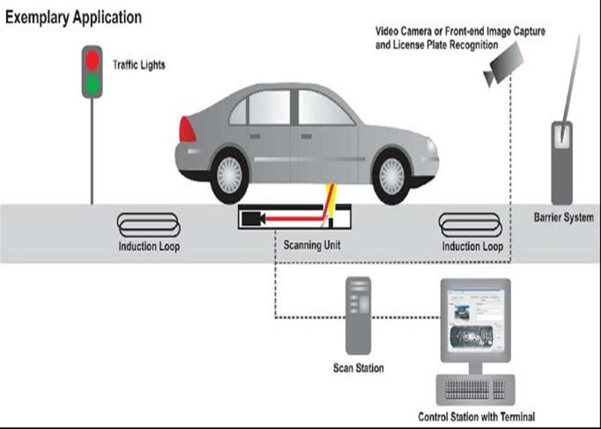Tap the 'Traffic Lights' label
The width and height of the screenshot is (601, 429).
[138, 65]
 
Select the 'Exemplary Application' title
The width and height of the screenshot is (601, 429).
[74, 16]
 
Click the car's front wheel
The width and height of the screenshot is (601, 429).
[396, 175]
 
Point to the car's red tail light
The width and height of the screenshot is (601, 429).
[186, 129]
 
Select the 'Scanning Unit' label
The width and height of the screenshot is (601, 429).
[312, 245]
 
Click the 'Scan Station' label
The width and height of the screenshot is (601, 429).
[358, 368]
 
